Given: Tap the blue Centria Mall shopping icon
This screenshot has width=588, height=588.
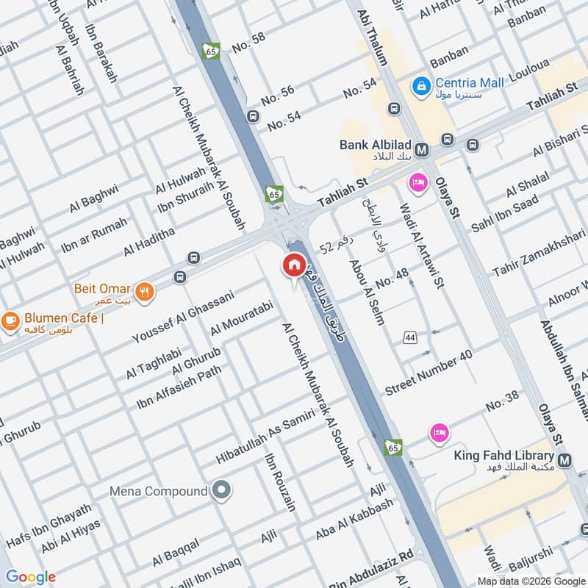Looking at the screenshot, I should coord(421,86).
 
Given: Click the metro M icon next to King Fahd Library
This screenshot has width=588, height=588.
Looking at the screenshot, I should coord(564,461).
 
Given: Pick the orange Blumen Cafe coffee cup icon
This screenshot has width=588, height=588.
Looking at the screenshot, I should coord(10,320).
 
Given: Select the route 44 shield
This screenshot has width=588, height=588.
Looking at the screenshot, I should coord(409,337).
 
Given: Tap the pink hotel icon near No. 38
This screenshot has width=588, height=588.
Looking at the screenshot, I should coord(439,431).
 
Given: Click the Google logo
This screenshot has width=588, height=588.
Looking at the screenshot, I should coord(31,577).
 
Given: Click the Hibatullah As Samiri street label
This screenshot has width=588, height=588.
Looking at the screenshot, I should coord(265,437).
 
